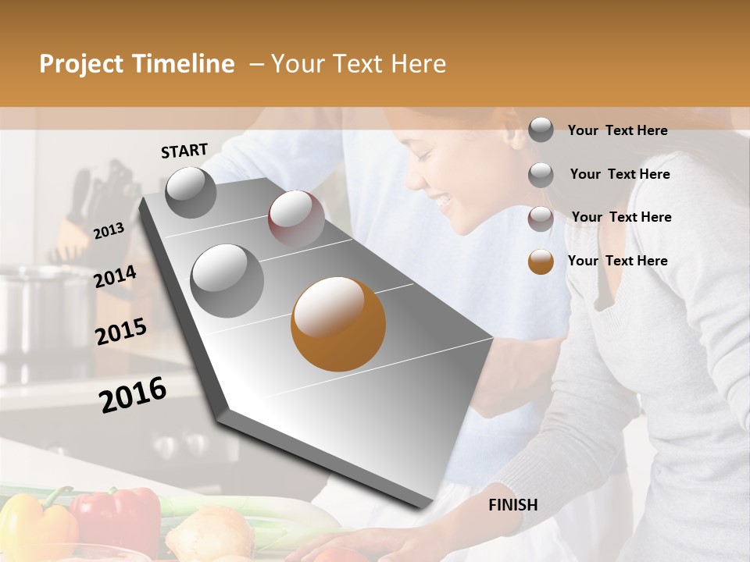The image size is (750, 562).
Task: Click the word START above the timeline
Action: click(184, 151)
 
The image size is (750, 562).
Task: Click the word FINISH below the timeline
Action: click(513, 505)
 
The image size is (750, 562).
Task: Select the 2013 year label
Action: click(109, 231)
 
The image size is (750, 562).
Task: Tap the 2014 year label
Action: click(115, 276)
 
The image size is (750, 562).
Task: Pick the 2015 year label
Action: click(121, 332)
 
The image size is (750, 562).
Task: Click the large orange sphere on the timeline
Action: click(338, 324)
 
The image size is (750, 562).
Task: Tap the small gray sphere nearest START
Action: click(191, 192)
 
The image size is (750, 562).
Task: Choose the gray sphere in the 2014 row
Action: click(227, 280)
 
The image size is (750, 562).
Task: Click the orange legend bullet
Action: click(541, 261)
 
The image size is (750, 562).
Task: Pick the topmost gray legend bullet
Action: click(541, 130)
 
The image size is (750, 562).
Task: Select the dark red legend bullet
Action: click(541, 218)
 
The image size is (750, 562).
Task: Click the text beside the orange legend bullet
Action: click(617, 261)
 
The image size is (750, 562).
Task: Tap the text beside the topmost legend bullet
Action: click(617, 130)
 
